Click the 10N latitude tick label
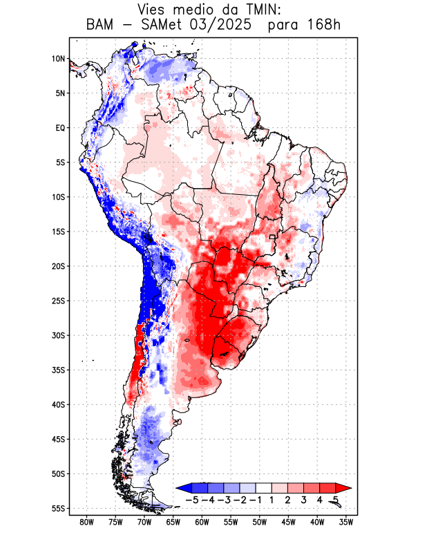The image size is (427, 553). (x=58, y=59)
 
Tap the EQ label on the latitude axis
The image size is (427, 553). (x=60, y=128)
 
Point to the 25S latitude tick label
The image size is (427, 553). (x=58, y=301)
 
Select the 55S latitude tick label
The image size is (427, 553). (x=58, y=508)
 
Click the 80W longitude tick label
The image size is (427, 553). (x=86, y=522)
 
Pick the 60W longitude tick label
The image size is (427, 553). (x=202, y=522)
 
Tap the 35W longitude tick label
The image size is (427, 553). (x=346, y=522)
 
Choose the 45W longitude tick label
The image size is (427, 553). (x=288, y=522)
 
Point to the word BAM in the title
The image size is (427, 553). (x=102, y=25)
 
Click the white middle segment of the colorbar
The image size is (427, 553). (x=263, y=488)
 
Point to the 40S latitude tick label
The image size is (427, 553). (x=58, y=404)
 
